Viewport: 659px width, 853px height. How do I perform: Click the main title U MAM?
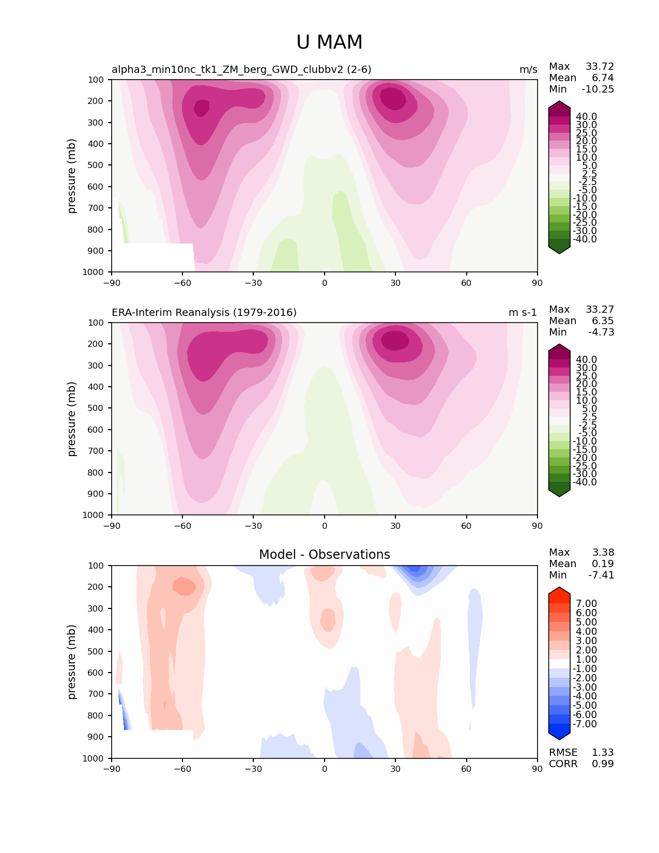tap(329, 42)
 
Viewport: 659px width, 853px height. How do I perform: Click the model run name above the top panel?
tap(241, 69)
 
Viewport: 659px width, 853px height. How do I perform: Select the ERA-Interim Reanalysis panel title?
tap(204, 312)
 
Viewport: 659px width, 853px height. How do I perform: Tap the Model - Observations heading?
tap(324, 555)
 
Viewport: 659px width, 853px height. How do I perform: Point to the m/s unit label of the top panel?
tap(528, 69)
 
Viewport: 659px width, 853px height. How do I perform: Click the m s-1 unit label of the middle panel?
tap(523, 312)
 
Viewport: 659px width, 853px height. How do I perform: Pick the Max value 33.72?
tap(600, 66)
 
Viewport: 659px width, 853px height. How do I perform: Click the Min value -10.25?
tap(597, 89)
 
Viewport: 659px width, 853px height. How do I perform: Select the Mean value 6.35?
tap(603, 321)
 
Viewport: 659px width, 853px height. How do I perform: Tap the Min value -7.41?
tap(601, 575)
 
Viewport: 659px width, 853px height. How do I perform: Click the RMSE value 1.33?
tap(603, 752)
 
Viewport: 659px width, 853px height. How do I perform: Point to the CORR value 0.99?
tap(603, 764)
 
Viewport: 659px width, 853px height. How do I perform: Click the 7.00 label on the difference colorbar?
tap(586, 603)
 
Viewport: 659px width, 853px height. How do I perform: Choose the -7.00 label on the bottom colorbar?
tap(585, 724)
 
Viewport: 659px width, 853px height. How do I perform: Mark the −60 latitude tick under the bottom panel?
tap(182, 769)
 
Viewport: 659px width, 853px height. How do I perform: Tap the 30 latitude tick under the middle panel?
tap(395, 526)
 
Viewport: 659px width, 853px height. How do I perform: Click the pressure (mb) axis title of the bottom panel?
tap(72, 662)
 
